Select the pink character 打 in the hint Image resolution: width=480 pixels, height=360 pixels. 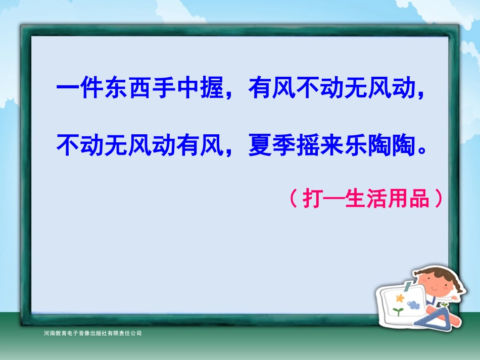(x=313, y=199)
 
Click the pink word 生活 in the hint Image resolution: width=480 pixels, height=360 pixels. (x=365, y=199)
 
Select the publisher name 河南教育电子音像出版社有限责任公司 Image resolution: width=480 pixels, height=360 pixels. (x=93, y=333)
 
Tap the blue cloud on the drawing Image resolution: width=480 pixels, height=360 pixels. (x=413, y=304)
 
